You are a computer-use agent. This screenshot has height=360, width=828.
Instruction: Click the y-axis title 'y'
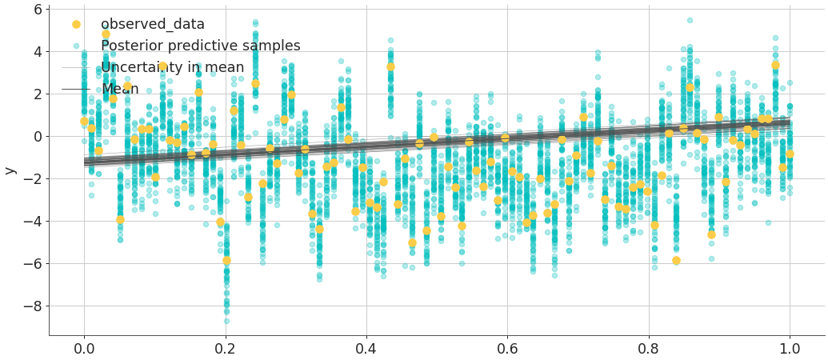(x=10, y=170)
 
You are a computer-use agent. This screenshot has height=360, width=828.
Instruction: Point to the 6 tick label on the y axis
(x=37, y=10)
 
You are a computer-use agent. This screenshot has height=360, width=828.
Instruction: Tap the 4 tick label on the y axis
(x=37, y=52)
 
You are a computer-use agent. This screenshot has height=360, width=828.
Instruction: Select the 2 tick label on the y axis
(x=37, y=94)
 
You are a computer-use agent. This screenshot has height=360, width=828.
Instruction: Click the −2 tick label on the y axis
(x=33, y=179)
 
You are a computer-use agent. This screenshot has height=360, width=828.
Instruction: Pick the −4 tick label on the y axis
(x=33, y=222)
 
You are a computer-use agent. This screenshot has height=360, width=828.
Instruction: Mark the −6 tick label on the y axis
(x=33, y=264)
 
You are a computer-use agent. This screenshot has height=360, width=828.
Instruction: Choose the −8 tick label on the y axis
(x=33, y=306)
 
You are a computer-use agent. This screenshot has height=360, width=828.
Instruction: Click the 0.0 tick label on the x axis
(x=84, y=349)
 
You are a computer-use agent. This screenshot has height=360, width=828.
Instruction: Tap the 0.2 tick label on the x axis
(x=225, y=349)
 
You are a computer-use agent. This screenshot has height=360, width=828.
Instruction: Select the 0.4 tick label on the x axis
(x=366, y=349)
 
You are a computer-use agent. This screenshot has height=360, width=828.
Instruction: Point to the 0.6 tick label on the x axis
(x=507, y=349)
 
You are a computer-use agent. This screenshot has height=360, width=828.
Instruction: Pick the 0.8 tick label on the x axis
(x=649, y=349)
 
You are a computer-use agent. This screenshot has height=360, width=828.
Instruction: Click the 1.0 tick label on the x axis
(x=790, y=349)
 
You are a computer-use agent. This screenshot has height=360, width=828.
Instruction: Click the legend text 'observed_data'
(x=153, y=25)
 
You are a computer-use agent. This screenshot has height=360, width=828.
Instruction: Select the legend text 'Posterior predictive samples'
(x=201, y=46)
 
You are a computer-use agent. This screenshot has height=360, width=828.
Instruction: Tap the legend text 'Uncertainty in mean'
(x=173, y=68)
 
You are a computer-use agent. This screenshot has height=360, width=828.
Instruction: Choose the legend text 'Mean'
(x=120, y=89)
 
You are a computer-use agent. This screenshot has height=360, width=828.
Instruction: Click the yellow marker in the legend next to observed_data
(x=76, y=25)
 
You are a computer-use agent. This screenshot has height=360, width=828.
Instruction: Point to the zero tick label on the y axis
(x=37, y=137)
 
